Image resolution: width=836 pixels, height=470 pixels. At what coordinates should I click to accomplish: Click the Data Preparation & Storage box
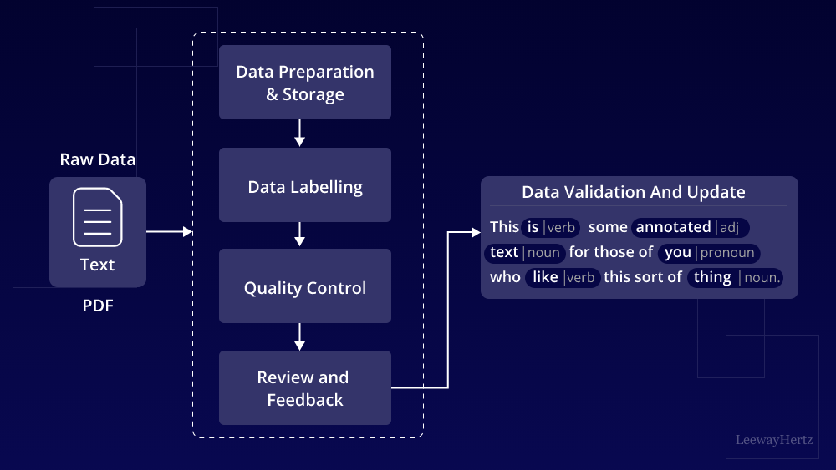[305, 83]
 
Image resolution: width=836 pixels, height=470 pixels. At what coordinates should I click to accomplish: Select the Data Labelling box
[305, 186]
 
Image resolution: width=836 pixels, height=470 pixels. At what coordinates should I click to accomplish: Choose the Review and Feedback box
[305, 388]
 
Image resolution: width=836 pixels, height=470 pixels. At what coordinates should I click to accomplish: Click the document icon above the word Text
[97, 217]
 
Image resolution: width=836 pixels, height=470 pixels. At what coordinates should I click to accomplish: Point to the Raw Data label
[97, 159]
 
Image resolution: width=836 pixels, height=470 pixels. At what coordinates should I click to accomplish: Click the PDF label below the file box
[97, 306]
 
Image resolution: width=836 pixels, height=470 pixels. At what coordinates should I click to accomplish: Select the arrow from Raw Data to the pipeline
[169, 231]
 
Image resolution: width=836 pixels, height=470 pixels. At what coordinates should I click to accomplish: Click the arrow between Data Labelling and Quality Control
[299, 235]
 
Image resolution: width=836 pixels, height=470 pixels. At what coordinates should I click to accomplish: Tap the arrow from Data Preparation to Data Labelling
[299, 133]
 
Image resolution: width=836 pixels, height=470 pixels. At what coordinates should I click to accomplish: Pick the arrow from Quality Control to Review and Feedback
[299, 336]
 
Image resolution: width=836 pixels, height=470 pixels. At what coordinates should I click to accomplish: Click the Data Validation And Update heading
[633, 192]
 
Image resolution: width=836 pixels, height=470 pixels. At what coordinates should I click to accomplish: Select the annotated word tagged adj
[673, 227]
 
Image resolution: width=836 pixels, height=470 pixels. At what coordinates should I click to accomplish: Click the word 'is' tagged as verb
[533, 227]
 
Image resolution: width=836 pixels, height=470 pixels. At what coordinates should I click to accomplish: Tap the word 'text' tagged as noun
[504, 252]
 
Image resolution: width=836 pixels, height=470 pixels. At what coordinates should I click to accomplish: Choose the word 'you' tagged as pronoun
[678, 252]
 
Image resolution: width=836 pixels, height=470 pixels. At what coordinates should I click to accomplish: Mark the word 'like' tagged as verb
[545, 277]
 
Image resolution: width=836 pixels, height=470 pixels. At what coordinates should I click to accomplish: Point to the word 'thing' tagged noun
[712, 277]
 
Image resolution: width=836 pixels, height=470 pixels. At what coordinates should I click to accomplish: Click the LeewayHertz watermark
[773, 439]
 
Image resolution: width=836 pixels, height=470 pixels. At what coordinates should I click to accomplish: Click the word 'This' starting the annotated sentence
[505, 227]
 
